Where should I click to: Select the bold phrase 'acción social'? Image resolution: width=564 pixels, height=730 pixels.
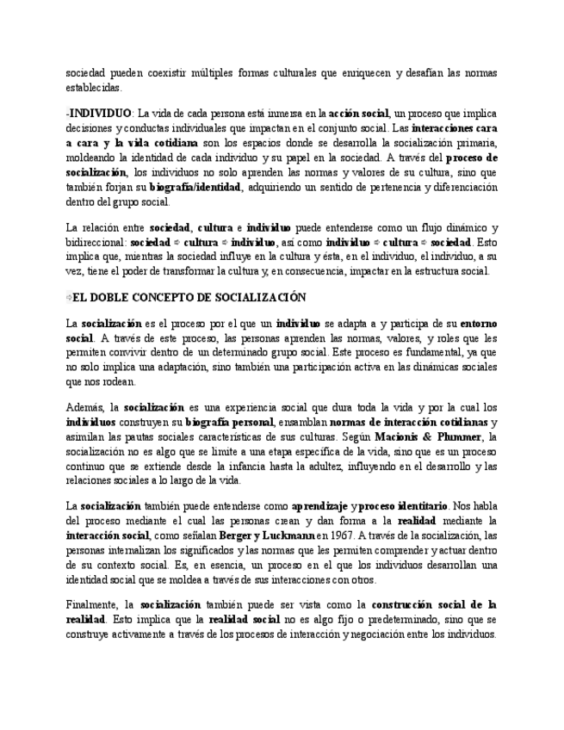tap(358, 113)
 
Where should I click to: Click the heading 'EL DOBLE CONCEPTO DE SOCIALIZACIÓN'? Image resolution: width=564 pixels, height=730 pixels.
tap(189, 298)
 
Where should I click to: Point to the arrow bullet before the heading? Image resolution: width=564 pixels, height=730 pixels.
tap(68, 298)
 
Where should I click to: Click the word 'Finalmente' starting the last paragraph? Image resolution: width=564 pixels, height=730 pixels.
tap(93, 605)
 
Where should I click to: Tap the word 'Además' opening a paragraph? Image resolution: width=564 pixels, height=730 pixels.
tap(86, 407)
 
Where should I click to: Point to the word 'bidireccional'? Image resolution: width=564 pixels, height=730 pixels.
tap(96, 242)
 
